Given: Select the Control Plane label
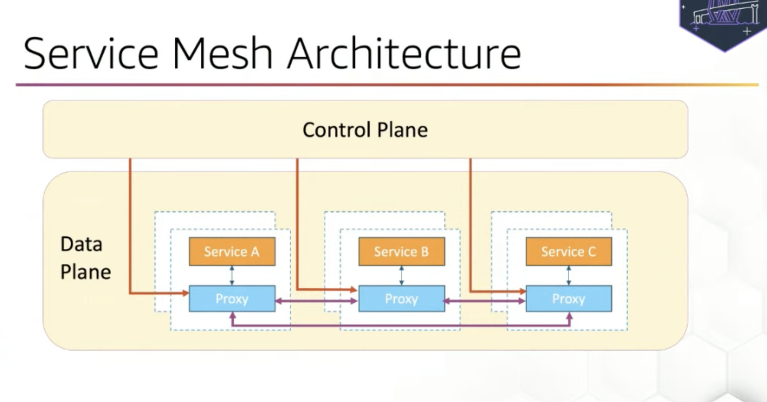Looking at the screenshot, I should (365, 130).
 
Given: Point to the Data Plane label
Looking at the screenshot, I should (85, 258).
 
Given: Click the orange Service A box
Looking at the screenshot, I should (232, 252).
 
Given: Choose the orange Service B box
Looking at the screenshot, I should (401, 252).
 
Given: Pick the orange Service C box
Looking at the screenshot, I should (568, 252).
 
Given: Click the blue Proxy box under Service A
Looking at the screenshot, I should (232, 299).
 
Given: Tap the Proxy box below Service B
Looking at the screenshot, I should (401, 299).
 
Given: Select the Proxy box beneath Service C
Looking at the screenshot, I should (568, 299).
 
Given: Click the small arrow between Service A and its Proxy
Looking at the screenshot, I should (232, 275).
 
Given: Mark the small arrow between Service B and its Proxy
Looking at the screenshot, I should (401, 275).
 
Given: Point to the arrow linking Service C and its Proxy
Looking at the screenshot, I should (568, 275).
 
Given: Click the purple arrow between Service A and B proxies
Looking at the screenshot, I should (317, 301).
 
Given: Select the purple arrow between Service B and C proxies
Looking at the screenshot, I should (485, 301).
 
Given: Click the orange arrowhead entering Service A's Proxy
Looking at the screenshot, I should (185, 293).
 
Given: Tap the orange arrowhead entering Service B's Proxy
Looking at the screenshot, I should (354, 289).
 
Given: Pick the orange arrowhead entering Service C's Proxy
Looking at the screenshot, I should (522, 291).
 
